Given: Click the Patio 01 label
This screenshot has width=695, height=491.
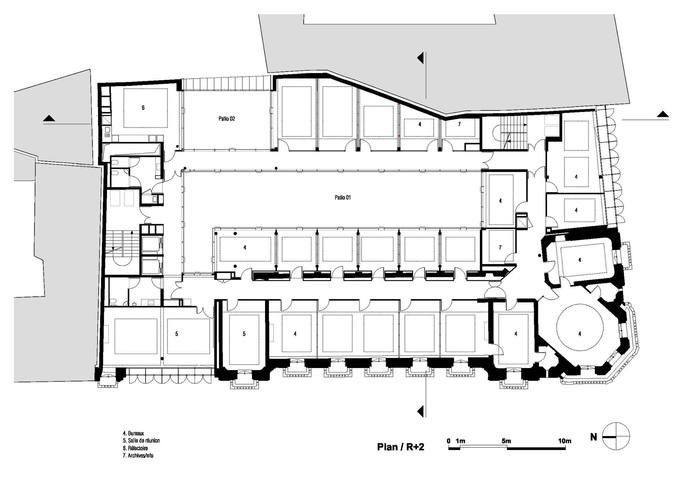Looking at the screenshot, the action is pyautogui.click(x=343, y=197).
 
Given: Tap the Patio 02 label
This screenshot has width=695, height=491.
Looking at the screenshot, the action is pyautogui.click(x=227, y=118).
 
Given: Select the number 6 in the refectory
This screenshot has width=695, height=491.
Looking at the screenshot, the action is pyautogui.click(x=143, y=108).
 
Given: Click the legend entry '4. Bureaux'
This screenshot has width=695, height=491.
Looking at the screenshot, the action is pyautogui.click(x=133, y=433).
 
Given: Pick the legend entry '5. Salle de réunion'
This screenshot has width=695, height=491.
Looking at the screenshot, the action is pyautogui.click(x=141, y=441).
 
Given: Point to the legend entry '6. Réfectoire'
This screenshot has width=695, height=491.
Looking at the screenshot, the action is pyautogui.click(x=135, y=448).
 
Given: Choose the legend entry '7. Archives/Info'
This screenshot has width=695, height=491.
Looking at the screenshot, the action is pyautogui.click(x=138, y=456).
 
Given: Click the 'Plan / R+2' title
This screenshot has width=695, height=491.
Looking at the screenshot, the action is pyautogui.click(x=401, y=447).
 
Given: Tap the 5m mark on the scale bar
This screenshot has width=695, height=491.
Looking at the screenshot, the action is pyautogui.click(x=506, y=441).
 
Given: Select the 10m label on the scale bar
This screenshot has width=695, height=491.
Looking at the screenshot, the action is pyautogui.click(x=565, y=441).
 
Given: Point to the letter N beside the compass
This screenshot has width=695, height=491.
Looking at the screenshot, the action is pyautogui.click(x=594, y=437).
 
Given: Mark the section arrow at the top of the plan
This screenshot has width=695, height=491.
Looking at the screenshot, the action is pyautogui.click(x=420, y=58).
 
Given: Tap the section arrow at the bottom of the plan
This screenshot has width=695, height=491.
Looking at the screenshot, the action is pyautogui.click(x=420, y=411).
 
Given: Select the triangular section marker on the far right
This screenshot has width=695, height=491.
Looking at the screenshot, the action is pyautogui.click(x=662, y=114).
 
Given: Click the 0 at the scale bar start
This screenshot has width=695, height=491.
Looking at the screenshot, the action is pyautogui.click(x=449, y=441).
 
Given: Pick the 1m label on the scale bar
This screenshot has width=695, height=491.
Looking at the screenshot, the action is pyautogui.click(x=460, y=441).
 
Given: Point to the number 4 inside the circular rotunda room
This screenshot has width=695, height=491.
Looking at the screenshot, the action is pyautogui.click(x=580, y=334).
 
